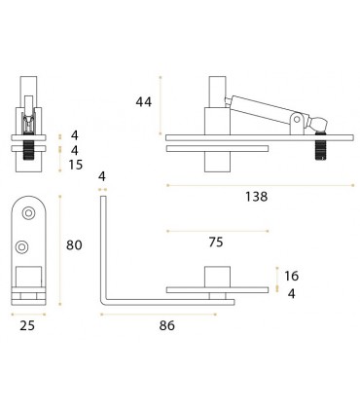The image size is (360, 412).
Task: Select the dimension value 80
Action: tap(73, 245)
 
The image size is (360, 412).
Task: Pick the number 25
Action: tap(28, 325)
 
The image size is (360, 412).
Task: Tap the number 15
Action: tap(75, 165)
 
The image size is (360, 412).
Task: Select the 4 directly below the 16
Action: tap(292, 292)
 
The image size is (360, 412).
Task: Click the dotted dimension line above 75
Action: tap(215, 231)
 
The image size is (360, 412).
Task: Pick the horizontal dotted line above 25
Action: tap(28, 311)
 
